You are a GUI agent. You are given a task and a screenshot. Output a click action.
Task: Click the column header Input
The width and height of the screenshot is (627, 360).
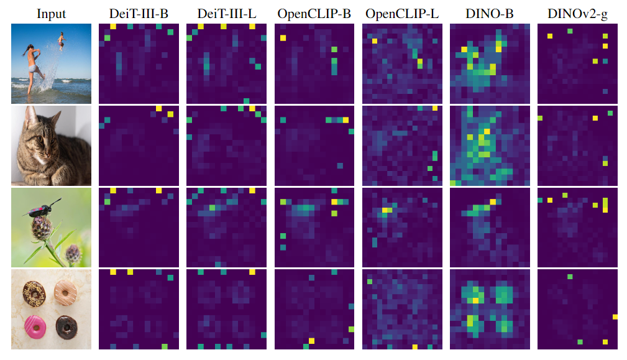[x=51, y=13]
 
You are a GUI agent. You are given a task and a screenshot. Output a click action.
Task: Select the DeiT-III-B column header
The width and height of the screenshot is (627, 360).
[x=139, y=13]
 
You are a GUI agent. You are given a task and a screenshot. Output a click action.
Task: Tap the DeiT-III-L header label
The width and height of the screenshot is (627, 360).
[x=226, y=13]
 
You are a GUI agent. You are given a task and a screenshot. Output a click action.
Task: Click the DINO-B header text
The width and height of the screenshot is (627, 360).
[x=489, y=13]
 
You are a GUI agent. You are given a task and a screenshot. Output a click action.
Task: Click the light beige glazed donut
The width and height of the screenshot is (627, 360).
[x=65, y=289]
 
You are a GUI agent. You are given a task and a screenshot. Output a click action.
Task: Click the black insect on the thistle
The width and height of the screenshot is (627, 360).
[x=42, y=208]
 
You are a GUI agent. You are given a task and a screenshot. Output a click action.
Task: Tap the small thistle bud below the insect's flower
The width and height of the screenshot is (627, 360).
[x=73, y=252]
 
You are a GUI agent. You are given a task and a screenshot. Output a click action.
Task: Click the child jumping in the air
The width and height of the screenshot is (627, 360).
[x=61, y=42]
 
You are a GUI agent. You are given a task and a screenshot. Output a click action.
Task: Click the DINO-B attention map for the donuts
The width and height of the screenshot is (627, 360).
[x=489, y=309]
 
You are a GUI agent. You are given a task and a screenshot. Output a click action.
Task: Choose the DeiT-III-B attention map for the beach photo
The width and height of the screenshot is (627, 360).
[x=139, y=63]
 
